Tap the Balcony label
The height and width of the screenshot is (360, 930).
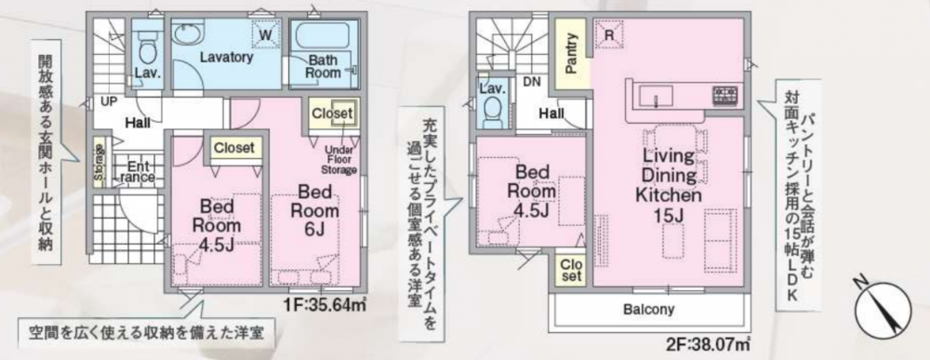coord(649,310)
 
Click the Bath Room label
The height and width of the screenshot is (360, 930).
coord(324,66)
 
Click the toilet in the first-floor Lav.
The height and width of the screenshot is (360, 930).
coord(146,48)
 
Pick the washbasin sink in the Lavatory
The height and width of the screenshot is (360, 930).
coord(188,32)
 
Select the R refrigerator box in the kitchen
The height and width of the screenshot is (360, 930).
coord(609,33)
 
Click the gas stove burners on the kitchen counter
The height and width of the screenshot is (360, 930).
coord(726,95)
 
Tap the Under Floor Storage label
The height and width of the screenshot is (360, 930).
coord(339,159)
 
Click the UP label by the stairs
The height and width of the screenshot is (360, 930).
coord(109,102)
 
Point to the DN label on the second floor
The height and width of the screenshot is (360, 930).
coord(530,83)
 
